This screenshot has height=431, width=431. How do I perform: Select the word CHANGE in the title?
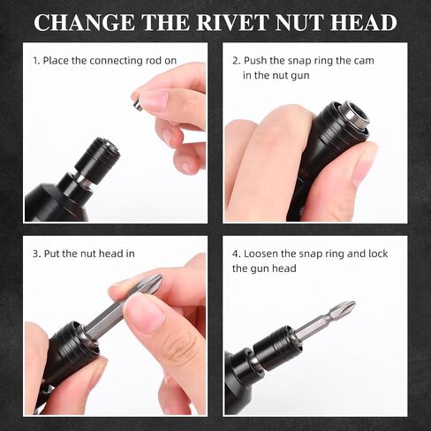(84, 22)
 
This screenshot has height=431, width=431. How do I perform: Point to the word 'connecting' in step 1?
(116, 61)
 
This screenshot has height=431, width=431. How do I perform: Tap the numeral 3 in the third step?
(35, 253)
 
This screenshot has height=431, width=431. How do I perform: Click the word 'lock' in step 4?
(378, 253)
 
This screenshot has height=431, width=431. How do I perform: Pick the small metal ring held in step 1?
(137, 105)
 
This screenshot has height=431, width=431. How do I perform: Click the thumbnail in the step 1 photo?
(154, 100)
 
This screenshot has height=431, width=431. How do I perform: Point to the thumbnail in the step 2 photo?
(361, 163)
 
